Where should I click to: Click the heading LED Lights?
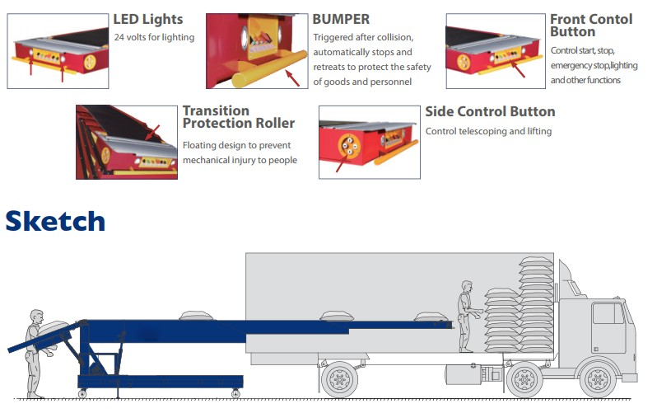[148, 19]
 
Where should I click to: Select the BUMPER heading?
[341, 18]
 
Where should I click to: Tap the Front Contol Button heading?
[591, 25]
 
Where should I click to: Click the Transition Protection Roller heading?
[238, 117]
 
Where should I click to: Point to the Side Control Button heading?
[490, 111]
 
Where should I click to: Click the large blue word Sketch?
[55, 221]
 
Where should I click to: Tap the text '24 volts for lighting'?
[155, 37]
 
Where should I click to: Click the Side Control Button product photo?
[368, 142]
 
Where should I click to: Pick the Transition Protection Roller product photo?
[126, 142]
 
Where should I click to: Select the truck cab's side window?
[608, 314]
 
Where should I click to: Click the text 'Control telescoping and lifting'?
[488, 131]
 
